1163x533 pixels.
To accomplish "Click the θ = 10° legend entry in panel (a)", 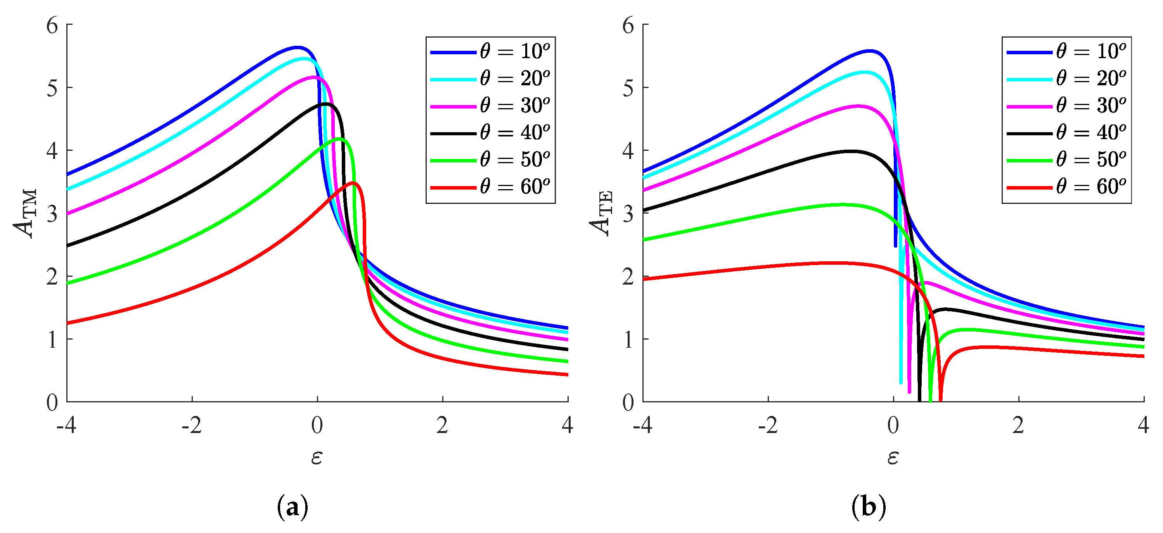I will (x=490, y=52).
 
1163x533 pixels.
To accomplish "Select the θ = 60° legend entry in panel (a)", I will (x=490, y=186).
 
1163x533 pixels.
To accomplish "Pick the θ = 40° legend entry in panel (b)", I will (x=1066, y=133).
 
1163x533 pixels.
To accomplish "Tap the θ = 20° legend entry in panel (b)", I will (x=1066, y=79).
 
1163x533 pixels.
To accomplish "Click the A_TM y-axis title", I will (x=25, y=213).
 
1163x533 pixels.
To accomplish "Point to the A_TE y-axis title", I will (x=601, y=213).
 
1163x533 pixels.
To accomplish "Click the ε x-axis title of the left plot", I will (x=317, y=457).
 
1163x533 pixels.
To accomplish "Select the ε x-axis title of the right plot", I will (x=893, y=457).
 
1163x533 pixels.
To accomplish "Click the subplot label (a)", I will (x=292, y=506).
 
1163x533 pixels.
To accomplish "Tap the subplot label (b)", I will (x=869, y=506).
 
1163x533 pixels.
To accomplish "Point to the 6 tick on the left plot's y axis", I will (x=52, y=25).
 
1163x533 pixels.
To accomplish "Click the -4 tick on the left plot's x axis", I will (x=66, y=425).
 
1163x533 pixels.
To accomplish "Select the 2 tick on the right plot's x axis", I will (x=1018, y=425).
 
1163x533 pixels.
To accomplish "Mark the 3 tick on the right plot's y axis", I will (x=628, y=214).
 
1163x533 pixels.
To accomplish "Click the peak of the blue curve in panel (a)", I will (x=297, y=47).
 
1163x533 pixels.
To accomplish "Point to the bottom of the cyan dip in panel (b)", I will (x=901, y=383).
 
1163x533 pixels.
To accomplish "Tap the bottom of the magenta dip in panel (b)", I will (x=909, y=392).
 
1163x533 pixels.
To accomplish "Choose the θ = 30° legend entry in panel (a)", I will (x=490, y=105).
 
